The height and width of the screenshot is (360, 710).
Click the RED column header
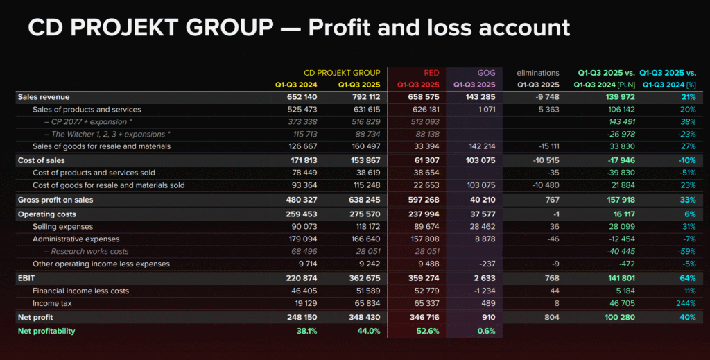431,72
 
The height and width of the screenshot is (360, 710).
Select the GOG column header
486,72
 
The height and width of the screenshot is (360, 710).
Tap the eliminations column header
537,72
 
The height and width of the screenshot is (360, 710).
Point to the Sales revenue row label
44,97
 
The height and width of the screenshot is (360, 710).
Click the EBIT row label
26,277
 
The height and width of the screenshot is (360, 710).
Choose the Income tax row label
53,304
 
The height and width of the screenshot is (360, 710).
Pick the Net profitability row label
46,331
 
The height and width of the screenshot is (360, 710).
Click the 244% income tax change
685,304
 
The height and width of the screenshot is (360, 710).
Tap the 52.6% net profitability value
428,331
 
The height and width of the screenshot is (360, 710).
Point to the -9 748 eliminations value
545,97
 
